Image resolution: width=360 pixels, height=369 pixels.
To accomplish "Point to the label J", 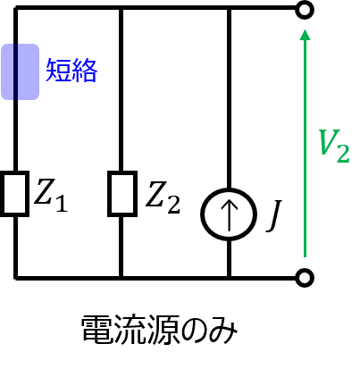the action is point(274,215).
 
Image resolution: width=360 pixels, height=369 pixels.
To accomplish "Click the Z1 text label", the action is point(51,195).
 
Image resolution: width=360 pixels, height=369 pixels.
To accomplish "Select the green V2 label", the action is point(334,146).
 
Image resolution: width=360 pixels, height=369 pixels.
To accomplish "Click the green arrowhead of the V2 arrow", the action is point(305,34).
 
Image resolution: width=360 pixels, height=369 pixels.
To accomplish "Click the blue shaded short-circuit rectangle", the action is point(20,71).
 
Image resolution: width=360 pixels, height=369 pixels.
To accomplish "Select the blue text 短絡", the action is point(71,71).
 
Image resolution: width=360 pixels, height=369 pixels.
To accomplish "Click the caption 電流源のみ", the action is point(159,330).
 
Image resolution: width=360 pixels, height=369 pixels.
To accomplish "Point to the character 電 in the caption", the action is point(96,330).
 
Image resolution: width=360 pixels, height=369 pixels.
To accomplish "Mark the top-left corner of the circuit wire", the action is point(16,7).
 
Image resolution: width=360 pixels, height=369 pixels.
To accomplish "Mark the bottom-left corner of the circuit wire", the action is point(16,278).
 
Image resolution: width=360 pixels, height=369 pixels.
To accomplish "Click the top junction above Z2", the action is point(121,8).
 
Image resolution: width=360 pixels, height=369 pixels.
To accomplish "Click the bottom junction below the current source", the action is point(229,278).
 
